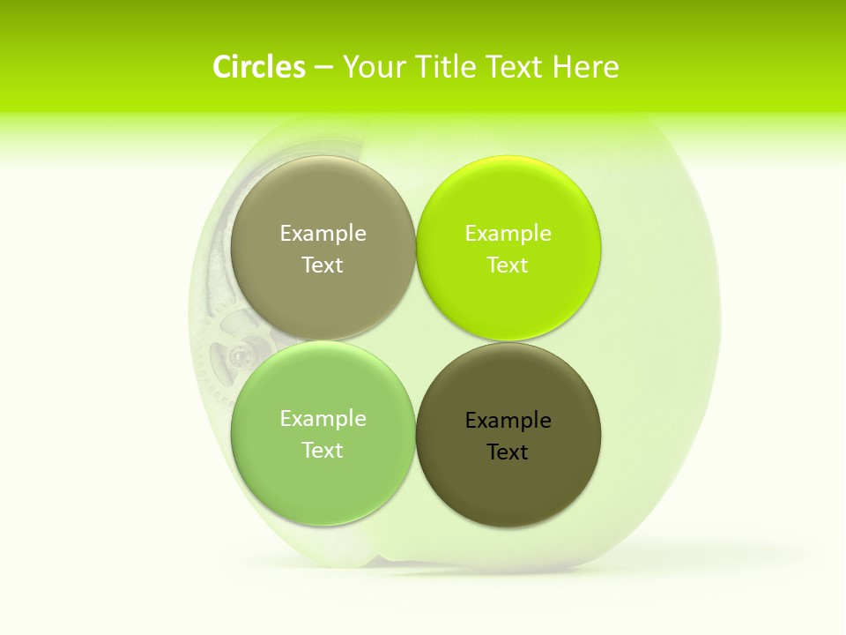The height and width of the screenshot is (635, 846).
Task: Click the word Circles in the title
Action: click(258, 67)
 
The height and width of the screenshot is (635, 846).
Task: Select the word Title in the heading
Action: click(446, 67)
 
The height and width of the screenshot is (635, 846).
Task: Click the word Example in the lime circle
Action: click(508, 234)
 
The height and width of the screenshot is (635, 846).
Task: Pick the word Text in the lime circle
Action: click(508, 265)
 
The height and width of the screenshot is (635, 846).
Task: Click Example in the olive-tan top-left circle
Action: click(323, 234)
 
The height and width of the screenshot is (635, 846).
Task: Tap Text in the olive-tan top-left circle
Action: click(323, 265)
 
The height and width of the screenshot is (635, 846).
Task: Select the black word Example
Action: click(508, 421)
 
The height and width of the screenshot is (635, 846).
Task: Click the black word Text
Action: click(508, 452)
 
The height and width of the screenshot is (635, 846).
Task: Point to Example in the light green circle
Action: click(323, 419)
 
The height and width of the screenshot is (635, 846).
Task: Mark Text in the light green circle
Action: click(323, 451)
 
